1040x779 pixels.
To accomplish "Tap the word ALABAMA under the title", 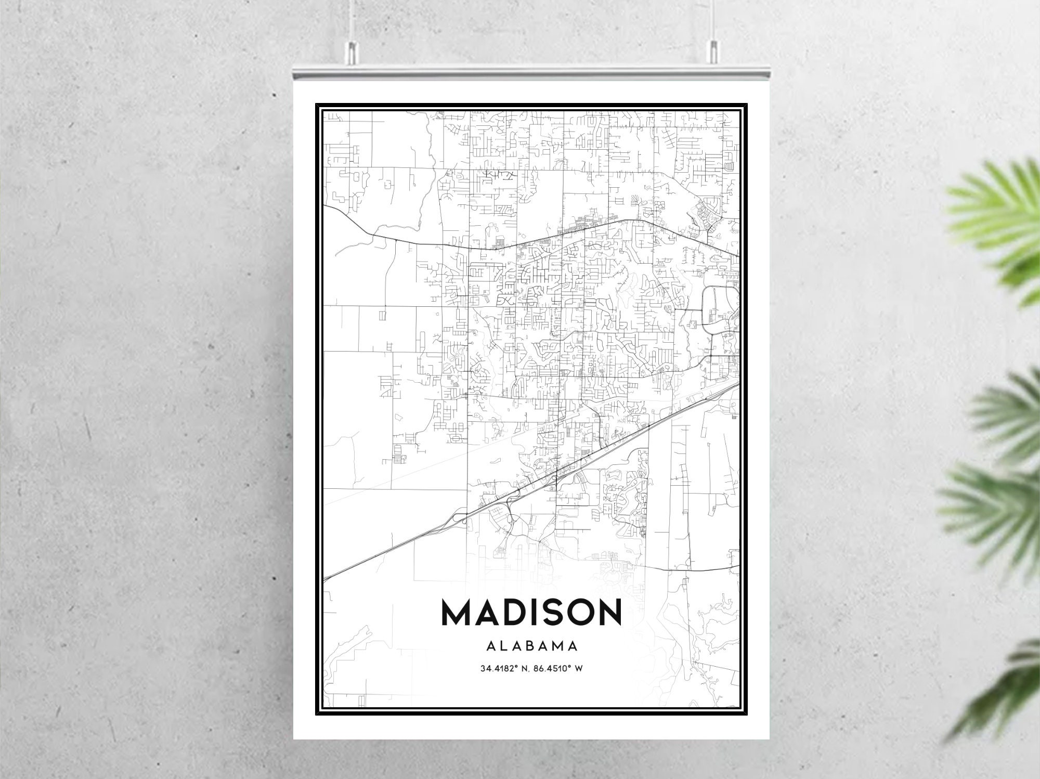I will [532, 646].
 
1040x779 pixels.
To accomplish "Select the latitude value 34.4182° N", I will [502, 668].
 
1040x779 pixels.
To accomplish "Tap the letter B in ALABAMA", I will [531, 646].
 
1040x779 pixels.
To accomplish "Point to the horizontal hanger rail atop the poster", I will [530, 73].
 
